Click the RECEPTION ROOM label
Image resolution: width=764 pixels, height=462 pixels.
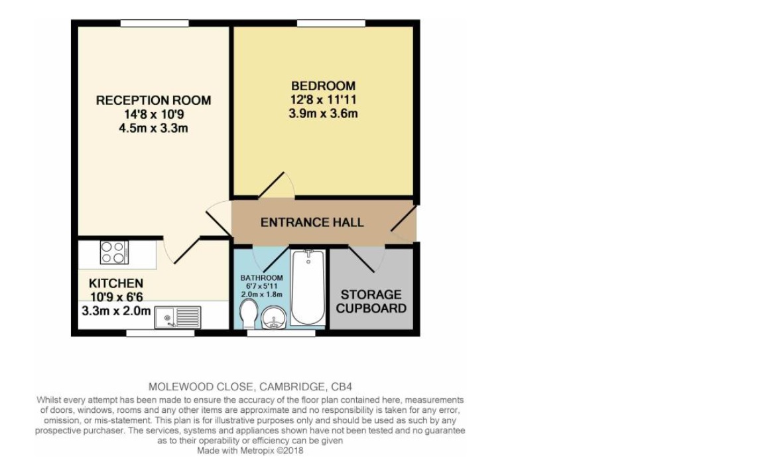[153, 100]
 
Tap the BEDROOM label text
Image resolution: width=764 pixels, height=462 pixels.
[323, 86]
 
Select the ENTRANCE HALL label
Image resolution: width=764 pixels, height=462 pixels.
[312, 222]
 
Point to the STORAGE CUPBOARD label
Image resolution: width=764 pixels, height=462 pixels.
[371, 301]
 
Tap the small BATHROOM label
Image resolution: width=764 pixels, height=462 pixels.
[261, 277]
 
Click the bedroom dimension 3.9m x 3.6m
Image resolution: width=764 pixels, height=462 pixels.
[323, 114]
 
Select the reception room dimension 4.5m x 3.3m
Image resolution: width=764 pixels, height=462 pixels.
[153, 128]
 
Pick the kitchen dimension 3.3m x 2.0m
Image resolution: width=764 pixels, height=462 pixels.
[116, 311]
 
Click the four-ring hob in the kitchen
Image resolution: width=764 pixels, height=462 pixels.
[114, 252]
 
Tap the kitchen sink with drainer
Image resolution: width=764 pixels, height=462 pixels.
[177, 317]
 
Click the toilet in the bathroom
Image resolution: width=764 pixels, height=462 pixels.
[247, 314]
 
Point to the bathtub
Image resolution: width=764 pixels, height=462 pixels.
[307, 287]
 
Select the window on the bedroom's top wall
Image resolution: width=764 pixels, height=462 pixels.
[330, 23]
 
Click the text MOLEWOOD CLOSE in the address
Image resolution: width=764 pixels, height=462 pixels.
[192, 386]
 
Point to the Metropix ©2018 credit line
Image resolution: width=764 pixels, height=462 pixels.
[250, 450]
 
